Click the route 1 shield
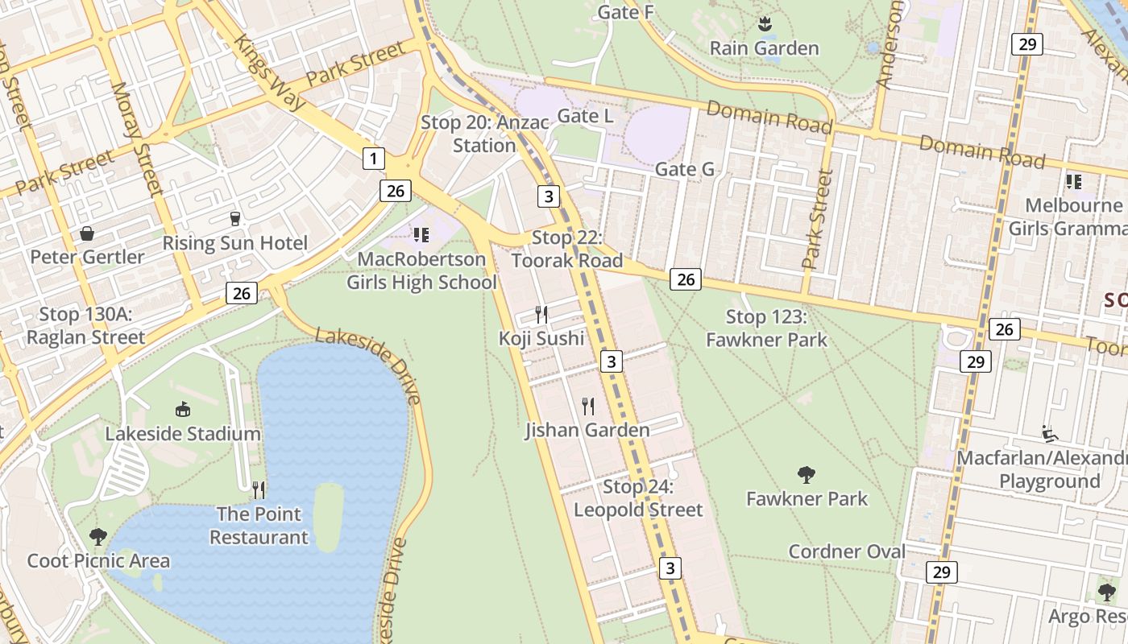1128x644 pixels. (372, 159)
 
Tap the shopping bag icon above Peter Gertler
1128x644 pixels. (86, 234)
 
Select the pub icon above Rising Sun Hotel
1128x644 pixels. (234, 219)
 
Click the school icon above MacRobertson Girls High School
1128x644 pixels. (421, 235)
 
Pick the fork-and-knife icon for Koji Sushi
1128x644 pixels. (541, 315)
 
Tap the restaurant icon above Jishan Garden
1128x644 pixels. (588, 407)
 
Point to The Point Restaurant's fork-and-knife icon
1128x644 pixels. (259, 489)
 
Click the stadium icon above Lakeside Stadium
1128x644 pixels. (183, 410)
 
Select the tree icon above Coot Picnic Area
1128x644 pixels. (98, 537)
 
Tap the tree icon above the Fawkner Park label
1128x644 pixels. (806, 475)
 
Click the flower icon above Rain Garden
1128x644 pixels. (764, 24)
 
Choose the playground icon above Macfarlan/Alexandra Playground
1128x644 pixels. (1049, 434)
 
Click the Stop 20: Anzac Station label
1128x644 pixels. (484, 134)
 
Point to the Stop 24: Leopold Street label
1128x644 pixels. (638, 498)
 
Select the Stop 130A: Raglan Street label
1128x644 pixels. (85, 326)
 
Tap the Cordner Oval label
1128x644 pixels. (847, 551)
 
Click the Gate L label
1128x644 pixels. (586, 116)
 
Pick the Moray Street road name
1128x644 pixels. (137, 138)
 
